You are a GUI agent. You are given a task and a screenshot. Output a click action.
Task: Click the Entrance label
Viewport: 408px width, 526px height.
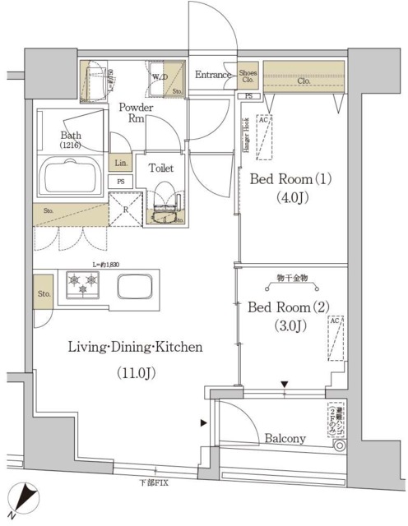(x=214, y=76)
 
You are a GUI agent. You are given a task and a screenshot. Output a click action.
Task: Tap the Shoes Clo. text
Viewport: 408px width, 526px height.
(x=248, y=77)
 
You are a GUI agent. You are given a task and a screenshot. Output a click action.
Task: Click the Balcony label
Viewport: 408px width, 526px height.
(x=285, y=439)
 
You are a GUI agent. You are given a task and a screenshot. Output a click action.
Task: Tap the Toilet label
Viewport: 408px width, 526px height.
(x=160, y=168)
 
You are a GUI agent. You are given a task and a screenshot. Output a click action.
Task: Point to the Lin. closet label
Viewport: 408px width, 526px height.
(x=120, y=162)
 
